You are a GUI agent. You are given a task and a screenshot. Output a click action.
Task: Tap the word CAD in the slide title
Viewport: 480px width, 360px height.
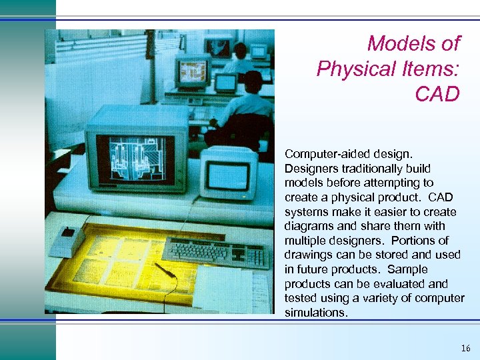click(x=437, y=94)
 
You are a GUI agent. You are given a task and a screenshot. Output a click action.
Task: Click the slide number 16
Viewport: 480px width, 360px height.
click(x=465, y=348)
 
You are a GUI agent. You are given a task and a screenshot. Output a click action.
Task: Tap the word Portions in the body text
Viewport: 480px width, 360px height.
click(x=417, y=240)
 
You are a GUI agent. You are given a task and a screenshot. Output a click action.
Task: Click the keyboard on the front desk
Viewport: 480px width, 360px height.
click(x=206, y=252)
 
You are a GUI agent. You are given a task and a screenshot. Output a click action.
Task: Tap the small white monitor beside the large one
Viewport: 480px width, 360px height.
click(x=229, y=172)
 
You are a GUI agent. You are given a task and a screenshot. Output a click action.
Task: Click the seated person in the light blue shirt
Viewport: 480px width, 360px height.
click(x=244, y=107)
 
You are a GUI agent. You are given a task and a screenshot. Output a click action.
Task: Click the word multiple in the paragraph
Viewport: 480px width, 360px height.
click(x=308, y=240)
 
